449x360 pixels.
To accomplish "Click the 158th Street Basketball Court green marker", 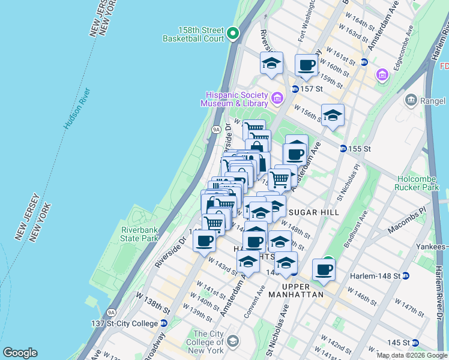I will (234, 34).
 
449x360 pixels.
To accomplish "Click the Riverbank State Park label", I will (139, 234).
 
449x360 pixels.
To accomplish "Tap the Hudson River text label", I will (77, 110).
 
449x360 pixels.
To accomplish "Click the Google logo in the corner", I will (20, 353).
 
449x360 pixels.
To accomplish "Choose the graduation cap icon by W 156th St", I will (332, 115).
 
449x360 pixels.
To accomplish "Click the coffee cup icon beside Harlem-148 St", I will (324, 269).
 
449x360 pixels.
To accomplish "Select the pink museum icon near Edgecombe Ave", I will (382, 75).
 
